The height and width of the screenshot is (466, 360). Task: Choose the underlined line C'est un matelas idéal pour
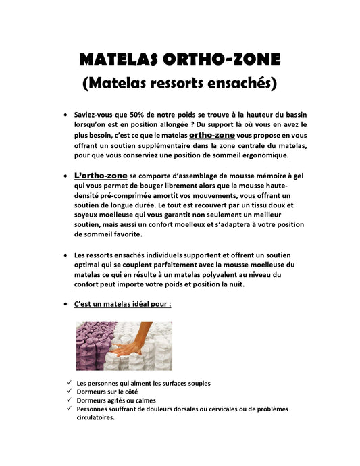click(122, 304)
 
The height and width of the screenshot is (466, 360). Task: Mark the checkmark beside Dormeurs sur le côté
click(70, 391)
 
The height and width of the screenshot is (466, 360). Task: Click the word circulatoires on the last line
click(95, 417)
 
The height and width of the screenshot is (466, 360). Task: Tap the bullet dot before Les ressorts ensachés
click(64, 255)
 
